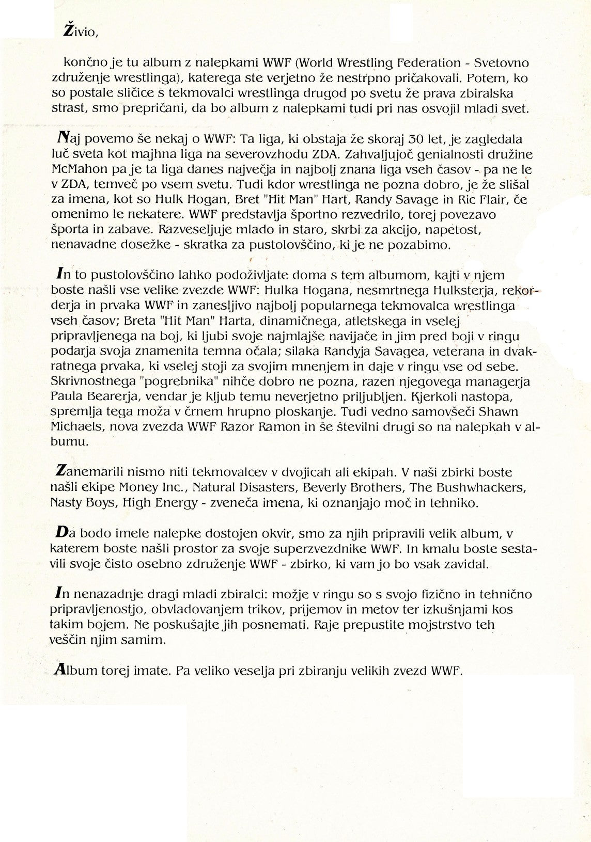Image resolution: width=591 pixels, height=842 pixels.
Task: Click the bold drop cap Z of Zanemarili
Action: pyautogui.click(x=60, y=472)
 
